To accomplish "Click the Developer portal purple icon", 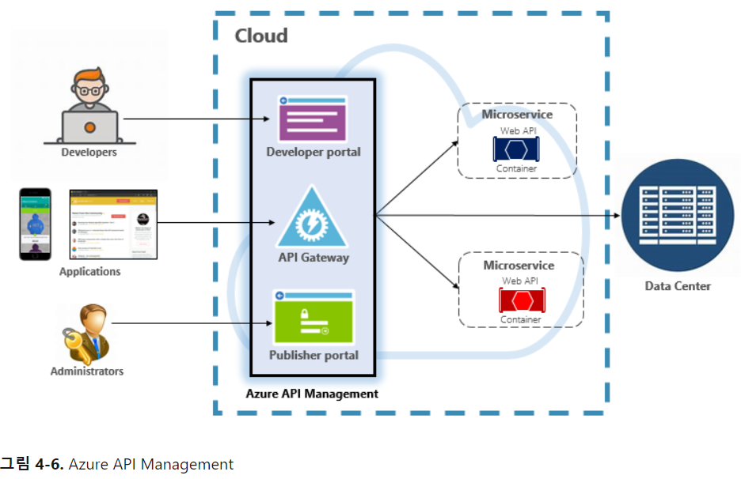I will pos(313,119).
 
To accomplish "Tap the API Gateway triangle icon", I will pos(312,220).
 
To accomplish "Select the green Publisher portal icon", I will pos(313,318).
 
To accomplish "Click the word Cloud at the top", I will pos(261,36).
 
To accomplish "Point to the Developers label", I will pos(89,153).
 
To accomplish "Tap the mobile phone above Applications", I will pos(35,224).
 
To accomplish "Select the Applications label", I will pos(90,271).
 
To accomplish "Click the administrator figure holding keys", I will pos(85,333).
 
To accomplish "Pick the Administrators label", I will pos(87,371).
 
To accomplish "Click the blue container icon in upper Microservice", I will pos(517,149).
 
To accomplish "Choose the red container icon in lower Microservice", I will pos(521,300).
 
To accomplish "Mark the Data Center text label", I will pos(678,286).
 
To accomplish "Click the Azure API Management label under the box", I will pos(312,394).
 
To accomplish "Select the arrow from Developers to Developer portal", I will pos(198,119).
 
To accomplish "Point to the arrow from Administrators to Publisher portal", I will pos(190,323).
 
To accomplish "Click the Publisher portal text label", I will pos(313,356).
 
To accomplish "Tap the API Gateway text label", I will pos(313,257).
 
